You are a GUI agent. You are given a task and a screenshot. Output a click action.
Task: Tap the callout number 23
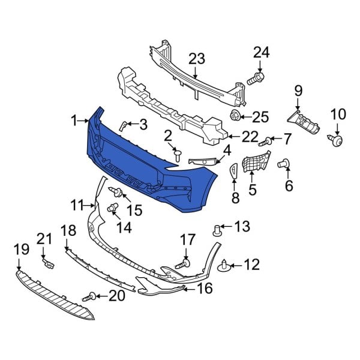pos(197,59)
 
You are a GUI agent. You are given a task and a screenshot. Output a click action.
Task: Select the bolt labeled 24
pos(255,78)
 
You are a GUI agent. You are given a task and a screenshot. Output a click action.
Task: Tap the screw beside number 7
pos(265,142)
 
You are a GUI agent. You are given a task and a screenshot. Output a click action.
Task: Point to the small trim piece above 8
pos(233,172)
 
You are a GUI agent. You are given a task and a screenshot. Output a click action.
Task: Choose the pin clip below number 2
pos(178,155)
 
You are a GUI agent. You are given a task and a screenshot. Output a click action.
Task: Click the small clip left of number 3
pos(122,125)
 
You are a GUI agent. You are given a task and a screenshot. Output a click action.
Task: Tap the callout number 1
pos(74,121)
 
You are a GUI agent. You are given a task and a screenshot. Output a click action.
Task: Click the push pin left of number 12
pos(225,265)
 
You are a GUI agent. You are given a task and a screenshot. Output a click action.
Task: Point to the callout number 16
pos(205,289)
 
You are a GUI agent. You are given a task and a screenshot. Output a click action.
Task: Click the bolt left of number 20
pos(92,295)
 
